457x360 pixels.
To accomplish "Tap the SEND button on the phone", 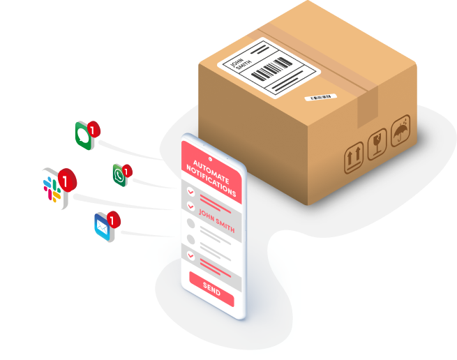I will pos(211,287).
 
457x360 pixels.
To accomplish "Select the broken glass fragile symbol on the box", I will pos(377,144).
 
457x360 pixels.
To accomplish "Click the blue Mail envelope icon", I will pos(104,226).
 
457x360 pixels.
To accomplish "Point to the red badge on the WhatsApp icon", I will pos(126,170).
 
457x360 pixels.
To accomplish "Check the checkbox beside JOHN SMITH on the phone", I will pos(190,206).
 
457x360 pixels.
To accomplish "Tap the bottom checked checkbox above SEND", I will pos(190,255).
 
